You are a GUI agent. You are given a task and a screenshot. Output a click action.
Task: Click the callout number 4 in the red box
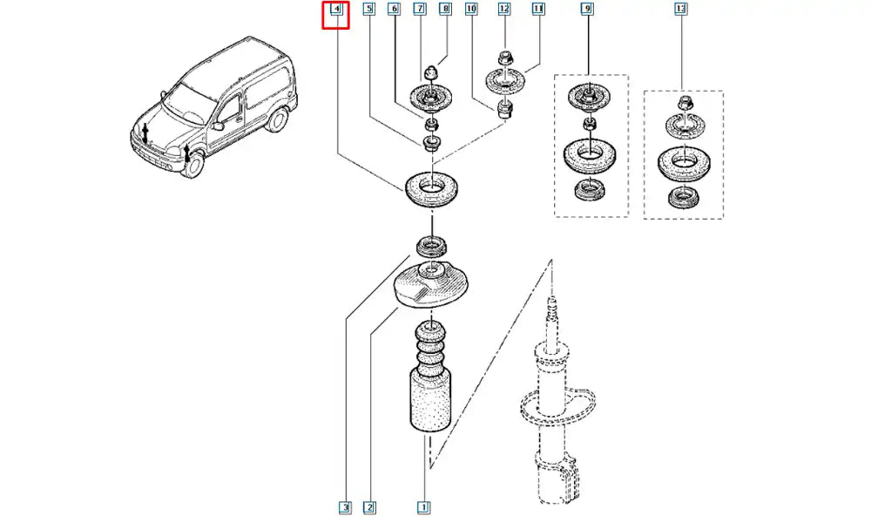click(334, 10)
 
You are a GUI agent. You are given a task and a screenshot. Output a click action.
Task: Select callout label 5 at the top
click(368, 10)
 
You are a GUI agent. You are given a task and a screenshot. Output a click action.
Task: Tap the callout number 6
click(394, 10)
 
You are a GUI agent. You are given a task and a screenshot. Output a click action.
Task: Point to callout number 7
click(419, 10)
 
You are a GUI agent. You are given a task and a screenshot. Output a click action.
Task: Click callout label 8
click(445, 10)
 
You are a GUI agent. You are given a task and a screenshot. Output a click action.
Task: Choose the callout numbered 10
click(471, 10)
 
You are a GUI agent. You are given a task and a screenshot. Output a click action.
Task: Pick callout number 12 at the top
click(504, 10)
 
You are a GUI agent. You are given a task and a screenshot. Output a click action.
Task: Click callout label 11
click(538, 10)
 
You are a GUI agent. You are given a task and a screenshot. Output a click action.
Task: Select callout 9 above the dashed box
click(587, 10)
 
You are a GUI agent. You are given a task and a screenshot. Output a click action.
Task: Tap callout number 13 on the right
click(680, 10)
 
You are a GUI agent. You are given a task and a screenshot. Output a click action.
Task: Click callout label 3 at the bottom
click(345, 506)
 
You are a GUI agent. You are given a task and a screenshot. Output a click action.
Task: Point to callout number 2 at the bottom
click(369, 506)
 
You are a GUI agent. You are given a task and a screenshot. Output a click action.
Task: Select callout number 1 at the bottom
click(423, 506)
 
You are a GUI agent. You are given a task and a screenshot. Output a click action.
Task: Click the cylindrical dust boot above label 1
click(429, 402)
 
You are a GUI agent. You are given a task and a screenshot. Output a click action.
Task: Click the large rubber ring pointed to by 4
click(429, 189)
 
